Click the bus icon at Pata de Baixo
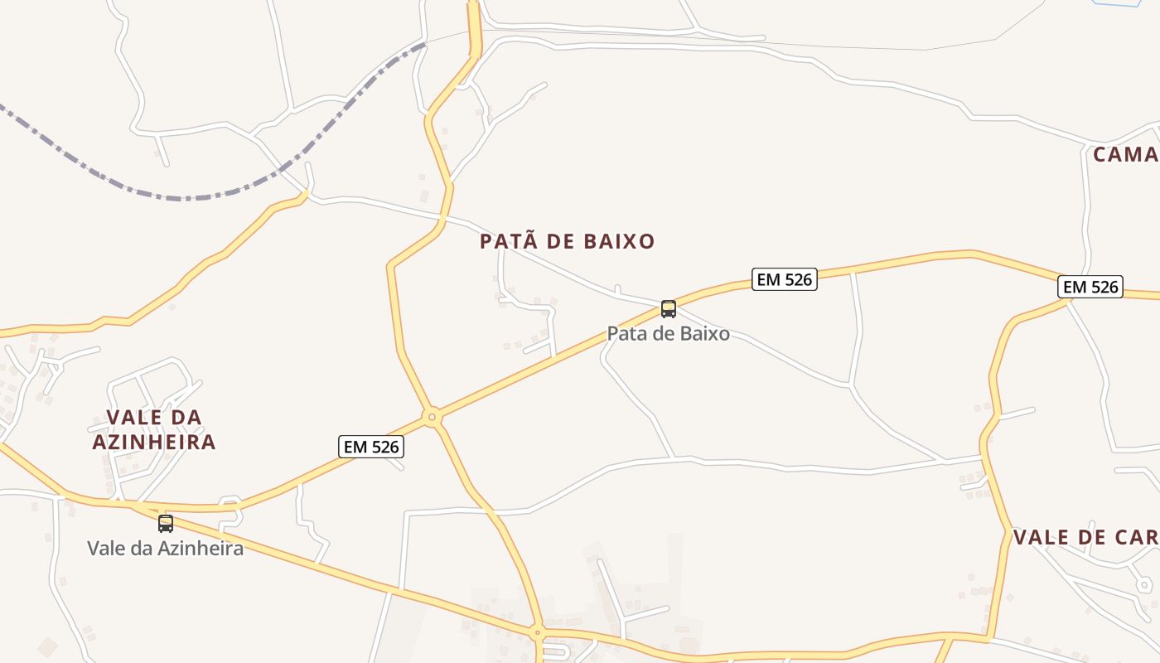669,309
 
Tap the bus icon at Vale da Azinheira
166,524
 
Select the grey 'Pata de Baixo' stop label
668,333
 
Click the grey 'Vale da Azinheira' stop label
166,548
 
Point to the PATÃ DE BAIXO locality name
568,241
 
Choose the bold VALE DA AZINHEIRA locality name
154,429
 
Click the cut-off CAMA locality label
1125,154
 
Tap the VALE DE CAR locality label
1085,537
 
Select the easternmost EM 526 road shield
1090,288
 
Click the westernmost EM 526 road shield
371,447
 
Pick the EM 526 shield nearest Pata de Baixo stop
785,279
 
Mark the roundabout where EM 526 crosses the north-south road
432,417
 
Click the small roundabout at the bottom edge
537,633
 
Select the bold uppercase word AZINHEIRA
154,442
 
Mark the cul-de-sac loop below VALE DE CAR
1144,585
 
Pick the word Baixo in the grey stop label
703,333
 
